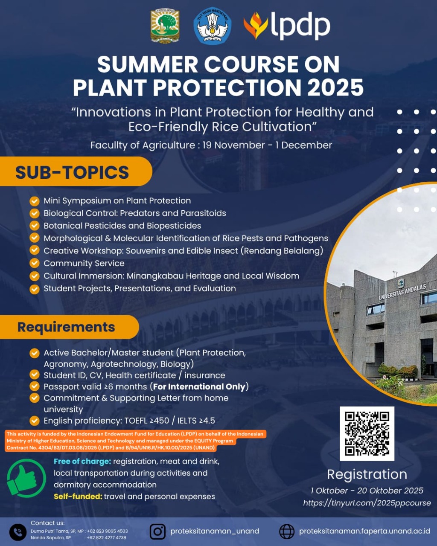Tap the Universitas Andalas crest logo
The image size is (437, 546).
165,26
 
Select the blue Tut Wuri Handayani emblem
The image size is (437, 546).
212,26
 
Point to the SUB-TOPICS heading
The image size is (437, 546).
72,172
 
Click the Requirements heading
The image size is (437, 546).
66,327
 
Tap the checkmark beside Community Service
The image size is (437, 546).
35,263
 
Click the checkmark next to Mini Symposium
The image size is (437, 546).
35,201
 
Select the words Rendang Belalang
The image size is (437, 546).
282,251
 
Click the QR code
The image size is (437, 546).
367,433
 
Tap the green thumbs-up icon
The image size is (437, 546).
26,479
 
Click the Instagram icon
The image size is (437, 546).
157,531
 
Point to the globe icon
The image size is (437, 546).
287,531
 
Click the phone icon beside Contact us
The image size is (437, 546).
18,532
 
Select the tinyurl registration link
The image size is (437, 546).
367,503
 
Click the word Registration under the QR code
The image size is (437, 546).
367,474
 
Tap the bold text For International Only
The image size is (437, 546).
199,386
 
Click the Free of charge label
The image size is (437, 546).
82,462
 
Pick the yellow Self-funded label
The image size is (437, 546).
78,497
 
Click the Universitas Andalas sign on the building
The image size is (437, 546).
402,292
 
